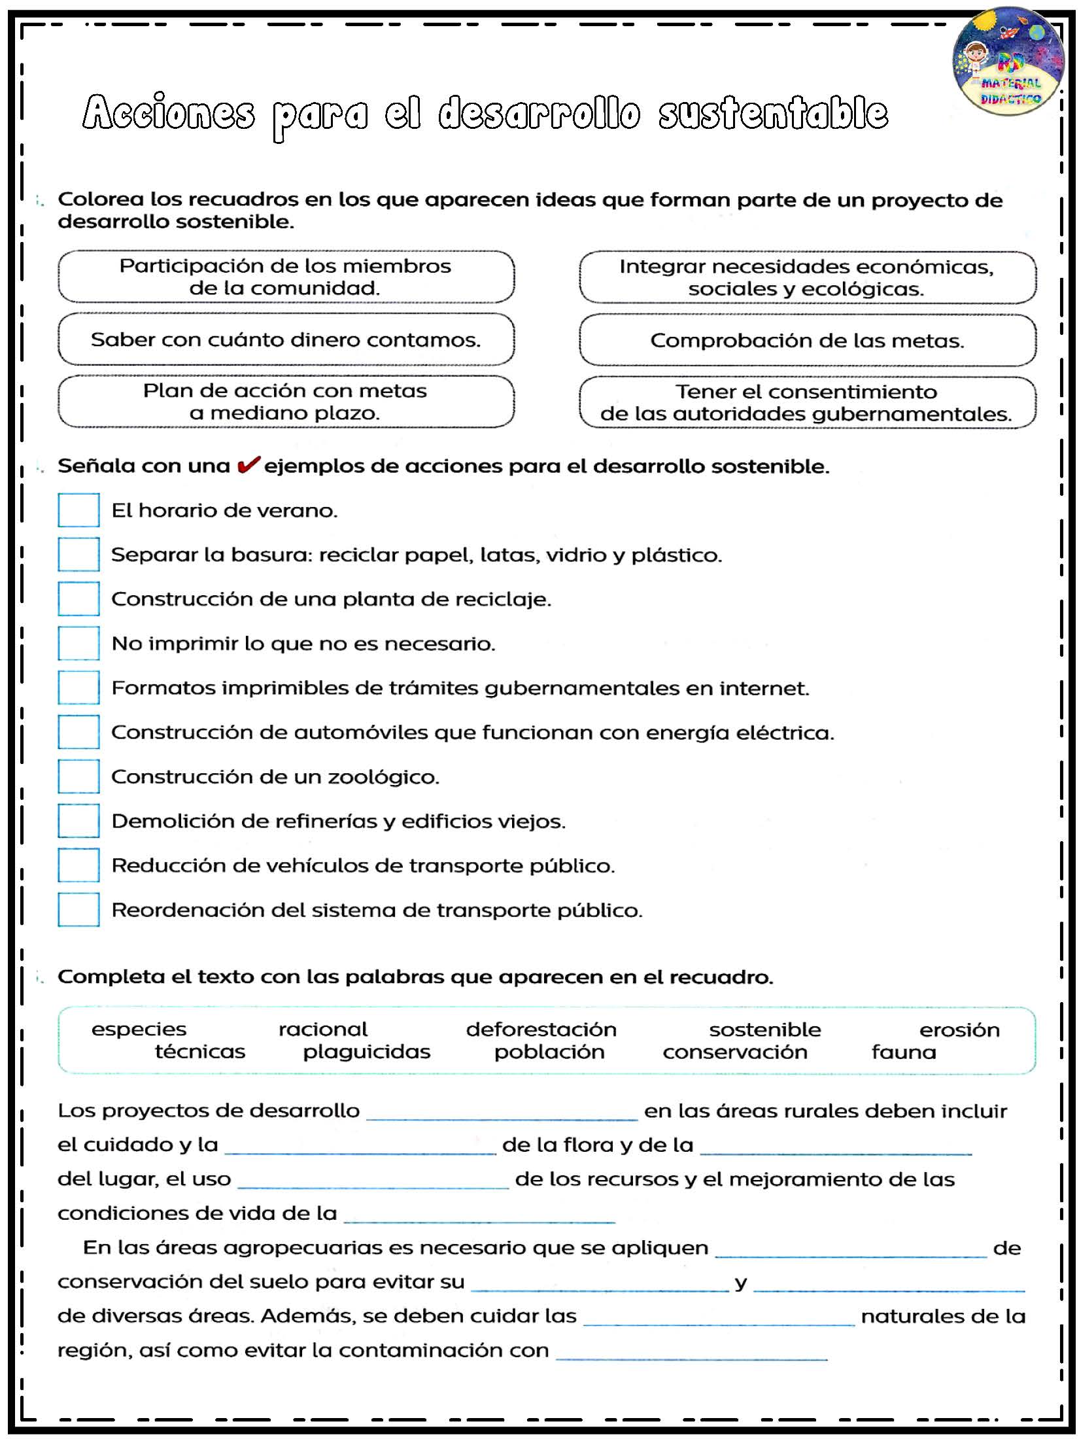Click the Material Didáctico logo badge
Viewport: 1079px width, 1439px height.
coord(1008,61)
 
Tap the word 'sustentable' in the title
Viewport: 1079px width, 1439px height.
coord(773,113)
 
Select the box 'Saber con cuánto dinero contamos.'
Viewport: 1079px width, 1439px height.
coord(286,339)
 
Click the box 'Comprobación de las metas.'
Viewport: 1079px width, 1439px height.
coord(807,340)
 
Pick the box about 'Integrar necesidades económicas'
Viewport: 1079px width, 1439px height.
coord(807,277)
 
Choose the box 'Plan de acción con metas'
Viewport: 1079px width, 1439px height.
coord(286,402)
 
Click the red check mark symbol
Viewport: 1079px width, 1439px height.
coord(248,465)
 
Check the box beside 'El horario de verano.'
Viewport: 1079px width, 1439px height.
coord(78,510)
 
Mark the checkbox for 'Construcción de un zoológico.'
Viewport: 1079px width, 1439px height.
coord(78,776)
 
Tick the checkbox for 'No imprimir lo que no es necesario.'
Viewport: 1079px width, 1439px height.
coord(78,643)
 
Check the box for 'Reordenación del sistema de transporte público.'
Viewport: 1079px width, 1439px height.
coord(78,910)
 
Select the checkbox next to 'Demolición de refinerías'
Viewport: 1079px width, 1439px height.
coord(78,821)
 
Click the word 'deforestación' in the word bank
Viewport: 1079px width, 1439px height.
coord(541,1030)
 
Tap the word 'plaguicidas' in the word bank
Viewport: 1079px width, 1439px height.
coord(366,1052)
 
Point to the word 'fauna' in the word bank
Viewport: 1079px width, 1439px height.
coord(904,1052)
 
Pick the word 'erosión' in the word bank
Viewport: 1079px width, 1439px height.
coord(959,1030)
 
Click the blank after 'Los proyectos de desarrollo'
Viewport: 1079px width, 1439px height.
coord(502,1112)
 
